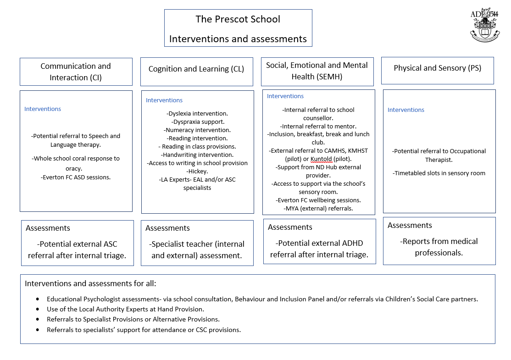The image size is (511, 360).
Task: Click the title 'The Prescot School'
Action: click(x=238, y=19)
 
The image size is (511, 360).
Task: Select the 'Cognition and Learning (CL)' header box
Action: click(x=196, y=69)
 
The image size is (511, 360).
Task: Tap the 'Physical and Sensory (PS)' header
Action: click(x=437, y=68)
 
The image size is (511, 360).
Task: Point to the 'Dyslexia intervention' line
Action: click(x=198, y=114)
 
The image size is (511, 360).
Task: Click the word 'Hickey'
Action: click(x=198, y=172)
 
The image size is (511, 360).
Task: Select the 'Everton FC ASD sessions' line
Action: click(x=76, y=177)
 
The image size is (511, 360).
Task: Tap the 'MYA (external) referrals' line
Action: click(x=318, y=209)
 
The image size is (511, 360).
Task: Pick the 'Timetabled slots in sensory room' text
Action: click(x=439, y=173)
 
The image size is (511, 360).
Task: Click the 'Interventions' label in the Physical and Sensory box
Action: click(x=405, y=110)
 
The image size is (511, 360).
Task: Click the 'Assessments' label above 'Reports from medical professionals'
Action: click(x=410, y=226)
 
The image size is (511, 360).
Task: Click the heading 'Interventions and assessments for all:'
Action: click(x=90, y=284)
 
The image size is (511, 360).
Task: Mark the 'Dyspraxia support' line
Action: click(x=198, y=122)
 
